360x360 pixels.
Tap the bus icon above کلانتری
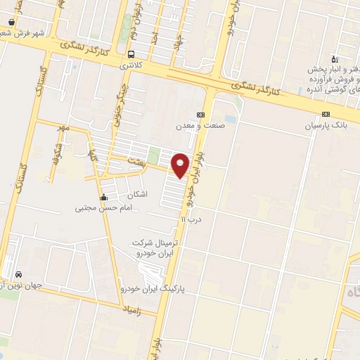click(x=131, y=54)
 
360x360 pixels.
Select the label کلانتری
click(x=130, y=65)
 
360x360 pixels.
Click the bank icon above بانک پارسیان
click(x=326, y=115)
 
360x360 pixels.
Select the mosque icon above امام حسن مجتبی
click(x=104, y=197)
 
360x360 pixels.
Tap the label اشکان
click(x=138, y=193)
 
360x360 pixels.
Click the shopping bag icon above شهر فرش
click(x=12, y=22)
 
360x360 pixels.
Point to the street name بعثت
click(x=135, y=162)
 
